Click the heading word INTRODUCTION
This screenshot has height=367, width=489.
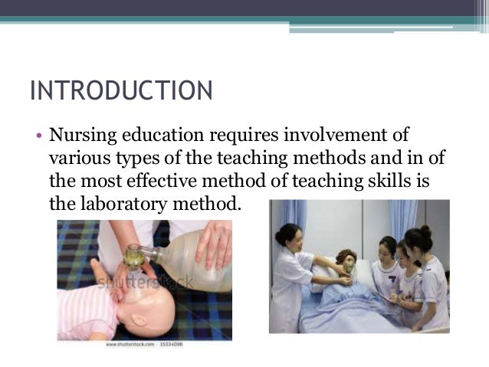pyautogui.click(x=120, y=91)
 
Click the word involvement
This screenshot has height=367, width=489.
pyautogui.click(x=326, y=136)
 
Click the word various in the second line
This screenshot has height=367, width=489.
pyautogui.click(x=74, y=159)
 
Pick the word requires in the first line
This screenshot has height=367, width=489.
pyautogui.click(x=241, y=136)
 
